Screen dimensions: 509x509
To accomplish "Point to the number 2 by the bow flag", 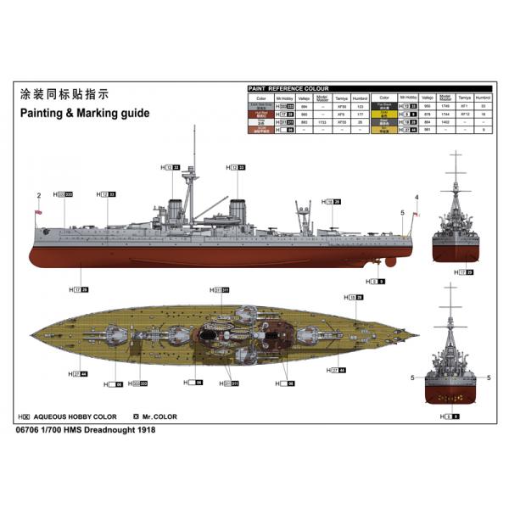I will point(39,196).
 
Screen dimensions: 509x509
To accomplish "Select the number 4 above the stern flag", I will point(417,198).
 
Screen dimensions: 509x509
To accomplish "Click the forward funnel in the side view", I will point(176,210).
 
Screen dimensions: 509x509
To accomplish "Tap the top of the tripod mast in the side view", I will point(198,136).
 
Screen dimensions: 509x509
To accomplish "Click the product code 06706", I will point(30,430).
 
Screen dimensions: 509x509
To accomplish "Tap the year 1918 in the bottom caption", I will point(147,430).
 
